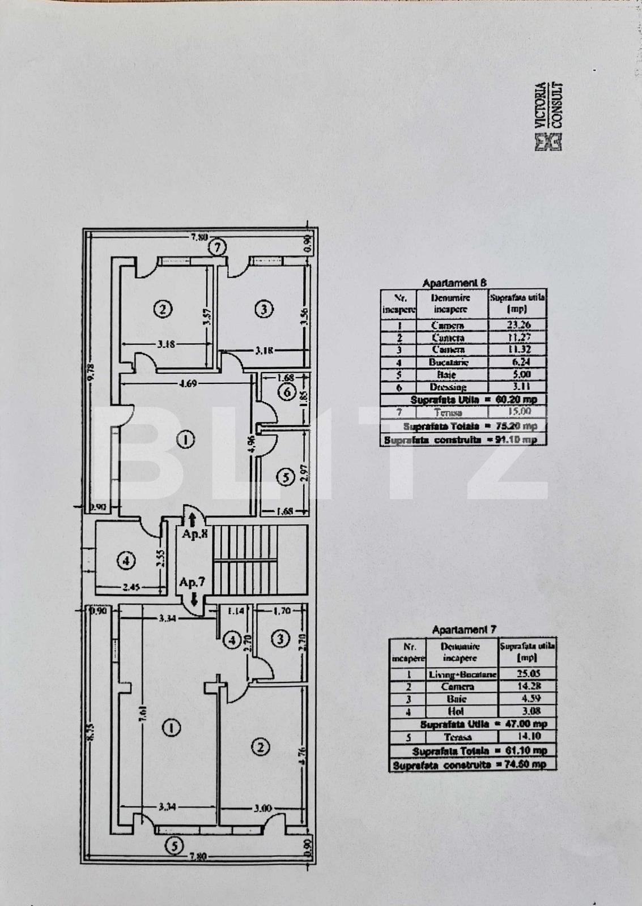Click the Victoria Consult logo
coord(549,117)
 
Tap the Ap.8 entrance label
coord(193,533)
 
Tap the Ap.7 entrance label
coord(190,582)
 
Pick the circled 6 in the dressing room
coord(287,392)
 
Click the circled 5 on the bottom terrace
coord(174,846)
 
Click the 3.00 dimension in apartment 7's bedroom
coord(263,808)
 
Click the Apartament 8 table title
coord(454,283)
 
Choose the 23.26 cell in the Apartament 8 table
coord(517,325)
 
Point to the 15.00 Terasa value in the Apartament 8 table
coord(517,412)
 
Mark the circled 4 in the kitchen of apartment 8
coord(126,561)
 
